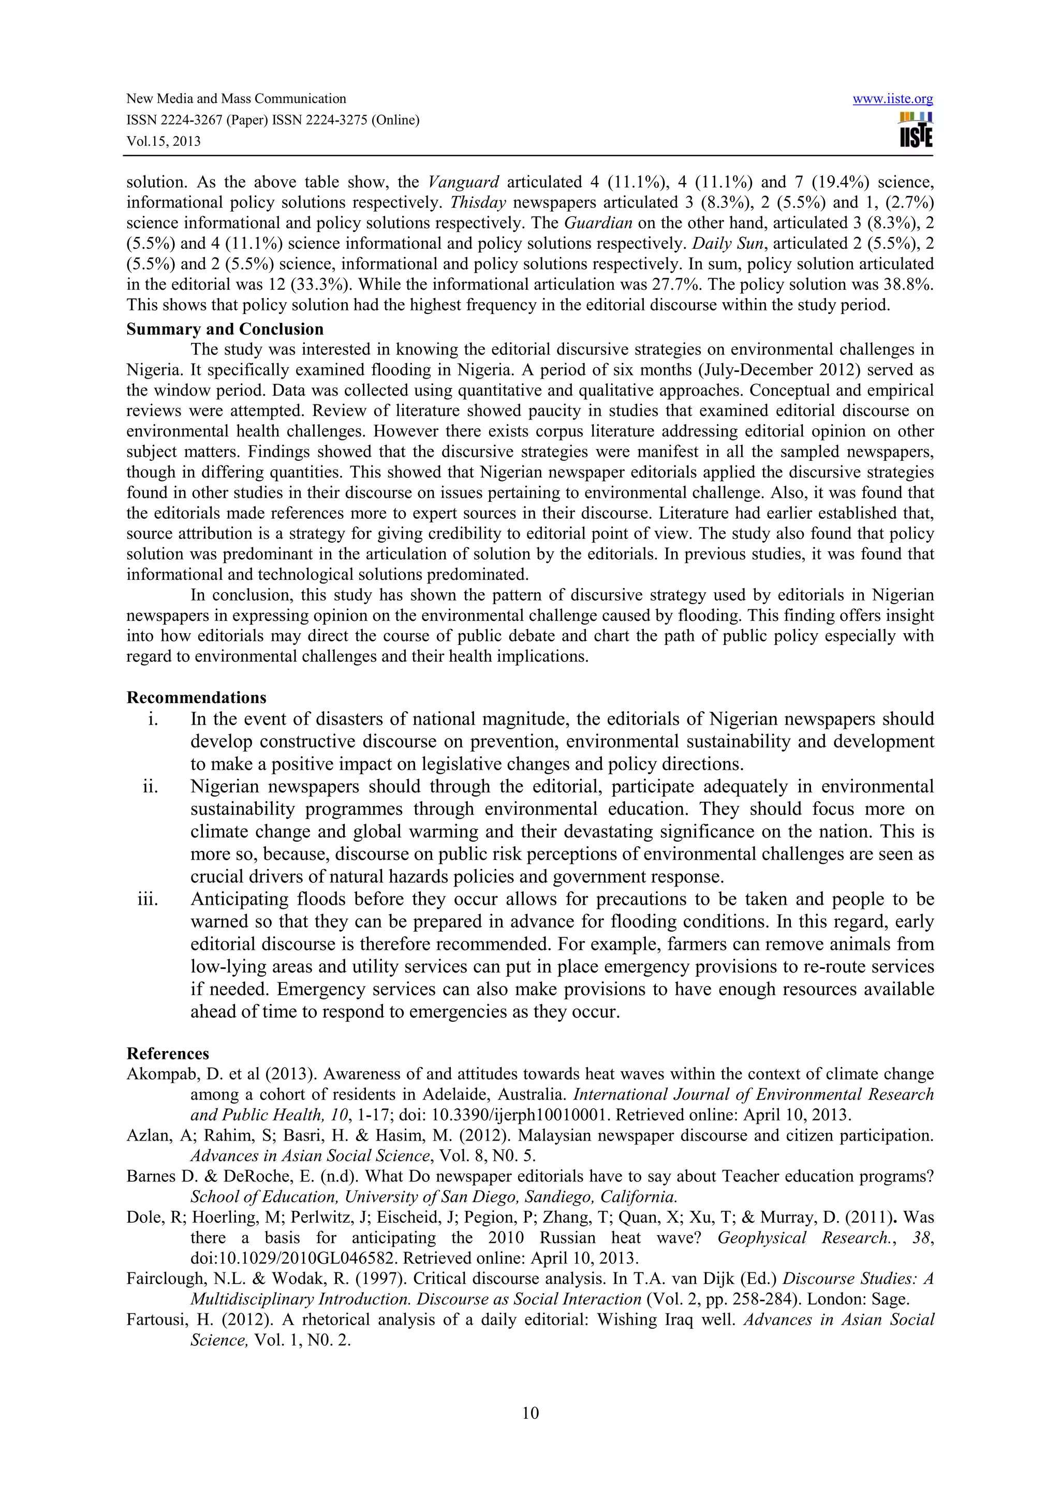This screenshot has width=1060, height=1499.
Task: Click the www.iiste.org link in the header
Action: click(x=892, y=99)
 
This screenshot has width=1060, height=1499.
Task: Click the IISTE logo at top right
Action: click(x=916, y=130)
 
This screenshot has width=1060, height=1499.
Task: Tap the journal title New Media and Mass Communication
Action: click(x=236, y=99)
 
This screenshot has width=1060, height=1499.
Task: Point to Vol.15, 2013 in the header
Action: click(x=163, y=141)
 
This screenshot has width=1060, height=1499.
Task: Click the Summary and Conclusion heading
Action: click(x=225, y=329)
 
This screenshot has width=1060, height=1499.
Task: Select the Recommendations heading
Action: click(x=196, y=697)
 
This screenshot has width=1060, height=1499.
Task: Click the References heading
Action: click(x=168, y=1054)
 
